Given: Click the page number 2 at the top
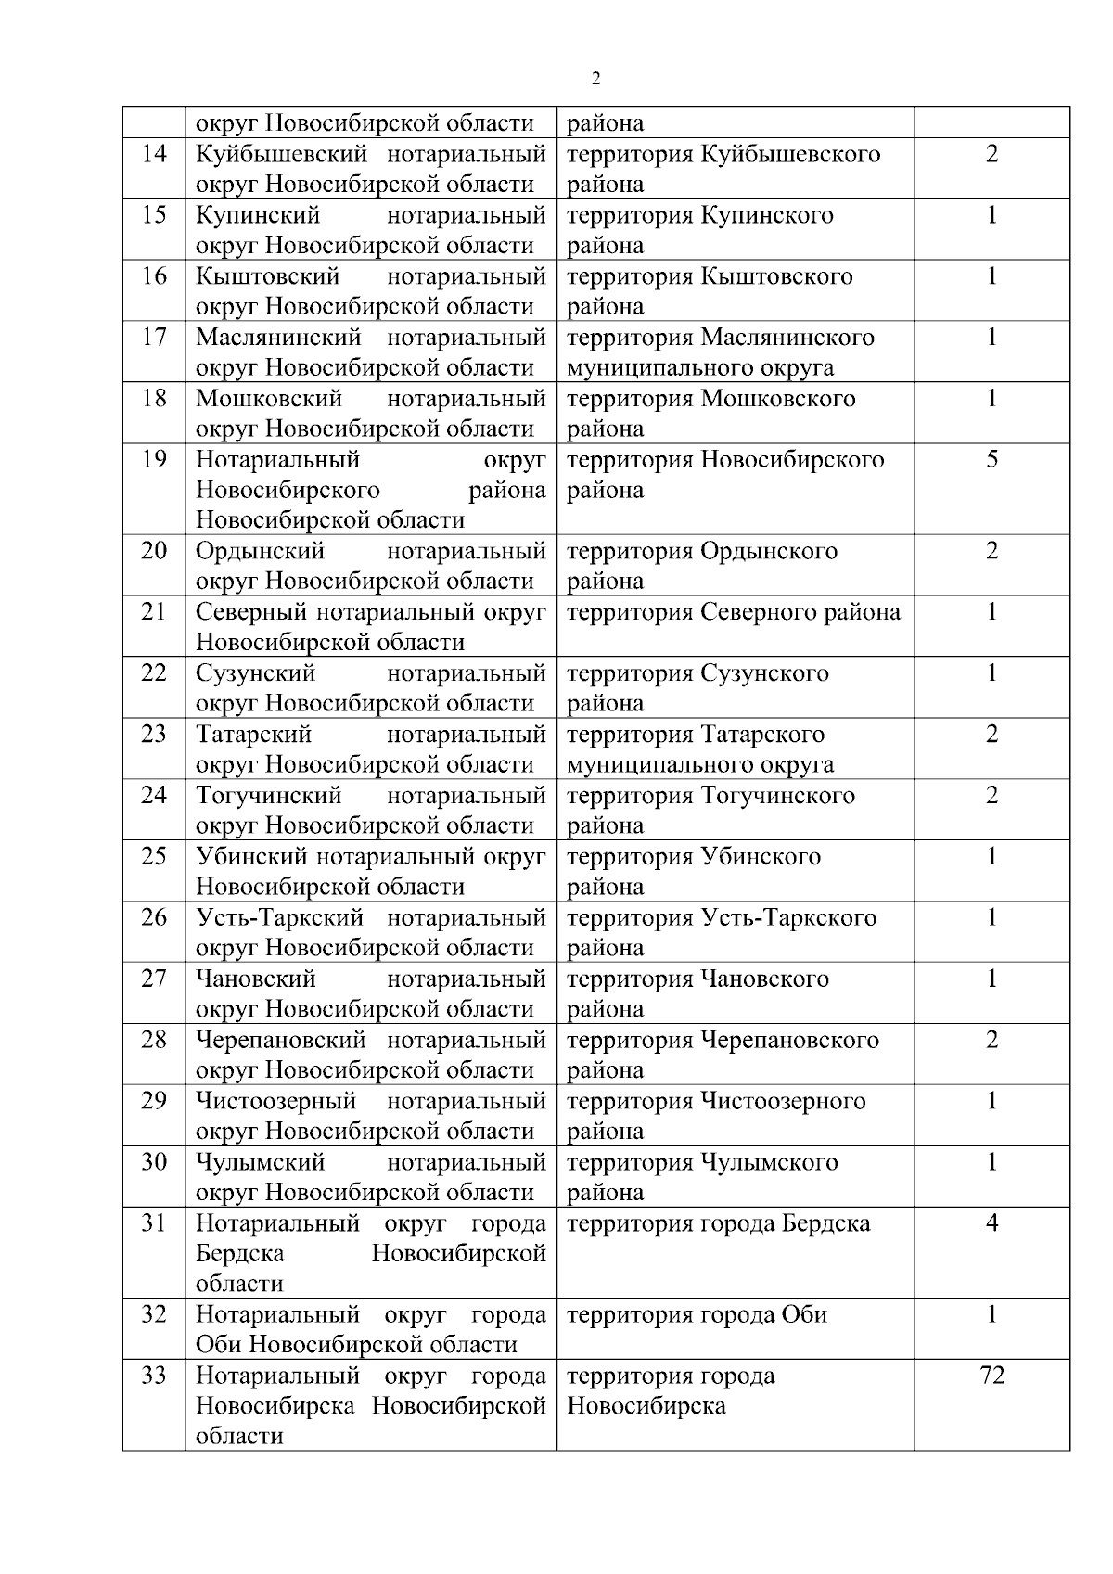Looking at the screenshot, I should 595,79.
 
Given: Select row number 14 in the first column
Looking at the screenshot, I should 154,153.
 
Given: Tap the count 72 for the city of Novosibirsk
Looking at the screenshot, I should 991,1376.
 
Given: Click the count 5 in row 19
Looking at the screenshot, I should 991,459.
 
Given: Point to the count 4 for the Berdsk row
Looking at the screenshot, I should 991,1223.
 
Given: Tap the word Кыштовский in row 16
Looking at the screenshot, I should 267,276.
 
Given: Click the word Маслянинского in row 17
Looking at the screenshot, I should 787,338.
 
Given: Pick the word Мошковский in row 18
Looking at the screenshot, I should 269,399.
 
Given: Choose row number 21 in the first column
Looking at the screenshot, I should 154,612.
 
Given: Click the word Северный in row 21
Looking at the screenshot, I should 251,612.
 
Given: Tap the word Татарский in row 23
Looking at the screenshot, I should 253,735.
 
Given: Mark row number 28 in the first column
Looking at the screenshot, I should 154,1040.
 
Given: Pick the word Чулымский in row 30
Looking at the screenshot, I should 260,1162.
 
